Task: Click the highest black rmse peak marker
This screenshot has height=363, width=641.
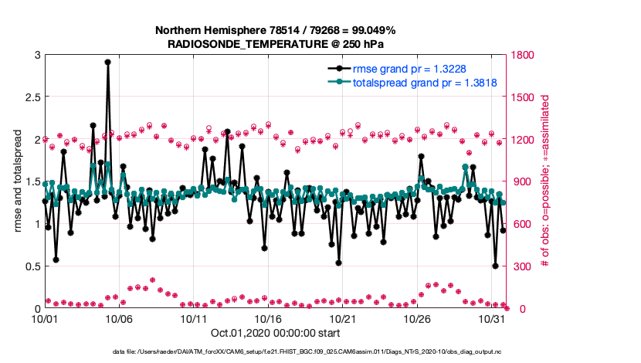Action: click(107, 62)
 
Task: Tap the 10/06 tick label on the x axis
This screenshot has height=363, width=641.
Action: click(119, 319)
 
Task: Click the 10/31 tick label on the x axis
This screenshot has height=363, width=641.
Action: click(492, 319)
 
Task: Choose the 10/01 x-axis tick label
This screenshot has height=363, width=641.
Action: click(44, 319)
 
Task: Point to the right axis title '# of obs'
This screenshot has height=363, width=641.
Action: click(545, 181)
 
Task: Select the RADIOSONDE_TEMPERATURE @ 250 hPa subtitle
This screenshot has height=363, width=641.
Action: click(275, 45)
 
